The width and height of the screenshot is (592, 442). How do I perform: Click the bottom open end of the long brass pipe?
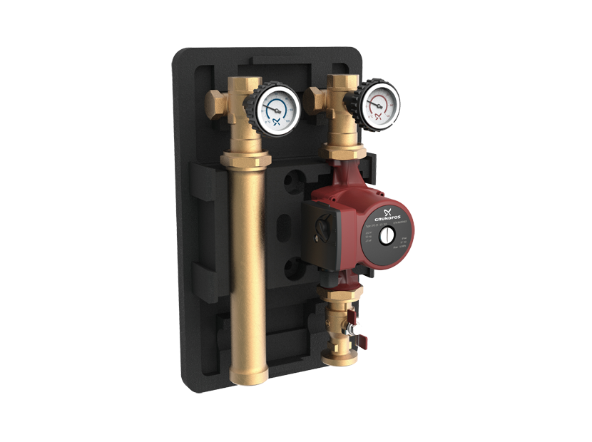[x=246, y=371]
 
